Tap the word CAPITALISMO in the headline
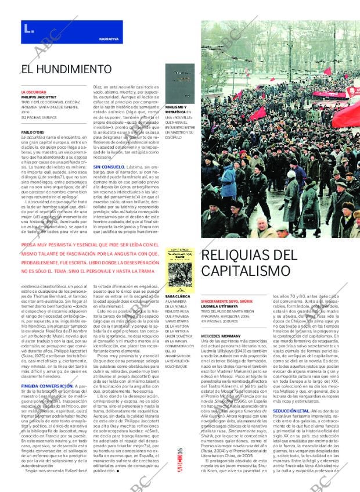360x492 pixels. coord(242,271)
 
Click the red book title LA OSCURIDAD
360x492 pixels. coord(34,92)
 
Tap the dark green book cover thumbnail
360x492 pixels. coord(178,81)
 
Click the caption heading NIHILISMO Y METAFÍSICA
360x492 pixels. coord(177,110)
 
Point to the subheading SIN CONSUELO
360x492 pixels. coord(106,166)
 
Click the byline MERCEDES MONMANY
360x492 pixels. coord(219,336)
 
